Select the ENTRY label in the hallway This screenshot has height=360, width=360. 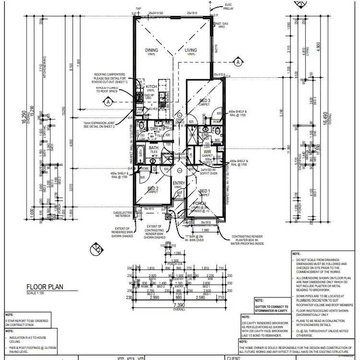(x=179, y=183)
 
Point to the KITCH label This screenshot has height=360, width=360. (x=151, y=87)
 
